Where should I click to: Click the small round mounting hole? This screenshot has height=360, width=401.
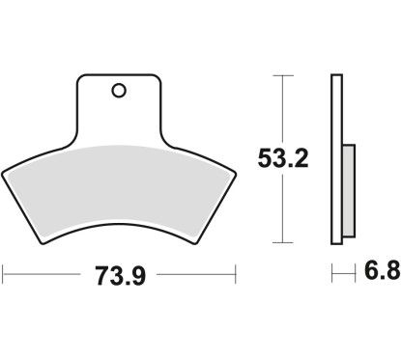coord(118,92)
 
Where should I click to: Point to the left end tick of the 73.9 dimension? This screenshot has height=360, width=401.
coord(4,276)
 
